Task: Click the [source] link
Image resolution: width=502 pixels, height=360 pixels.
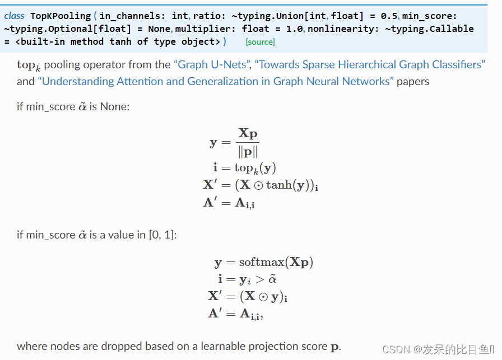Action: [x=260, y=42]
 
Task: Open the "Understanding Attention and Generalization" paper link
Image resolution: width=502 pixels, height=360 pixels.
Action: [x=216, y=81]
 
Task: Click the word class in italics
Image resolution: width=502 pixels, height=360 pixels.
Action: [x=14, y=16]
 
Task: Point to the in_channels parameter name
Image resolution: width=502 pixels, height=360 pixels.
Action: [x=127, y=16]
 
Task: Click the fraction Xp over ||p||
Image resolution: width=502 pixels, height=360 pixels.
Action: [x=248, y=142]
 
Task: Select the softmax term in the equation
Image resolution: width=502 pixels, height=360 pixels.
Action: [x=263, y=262]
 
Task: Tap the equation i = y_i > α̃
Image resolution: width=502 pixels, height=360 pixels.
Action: [x=247, y=279]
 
